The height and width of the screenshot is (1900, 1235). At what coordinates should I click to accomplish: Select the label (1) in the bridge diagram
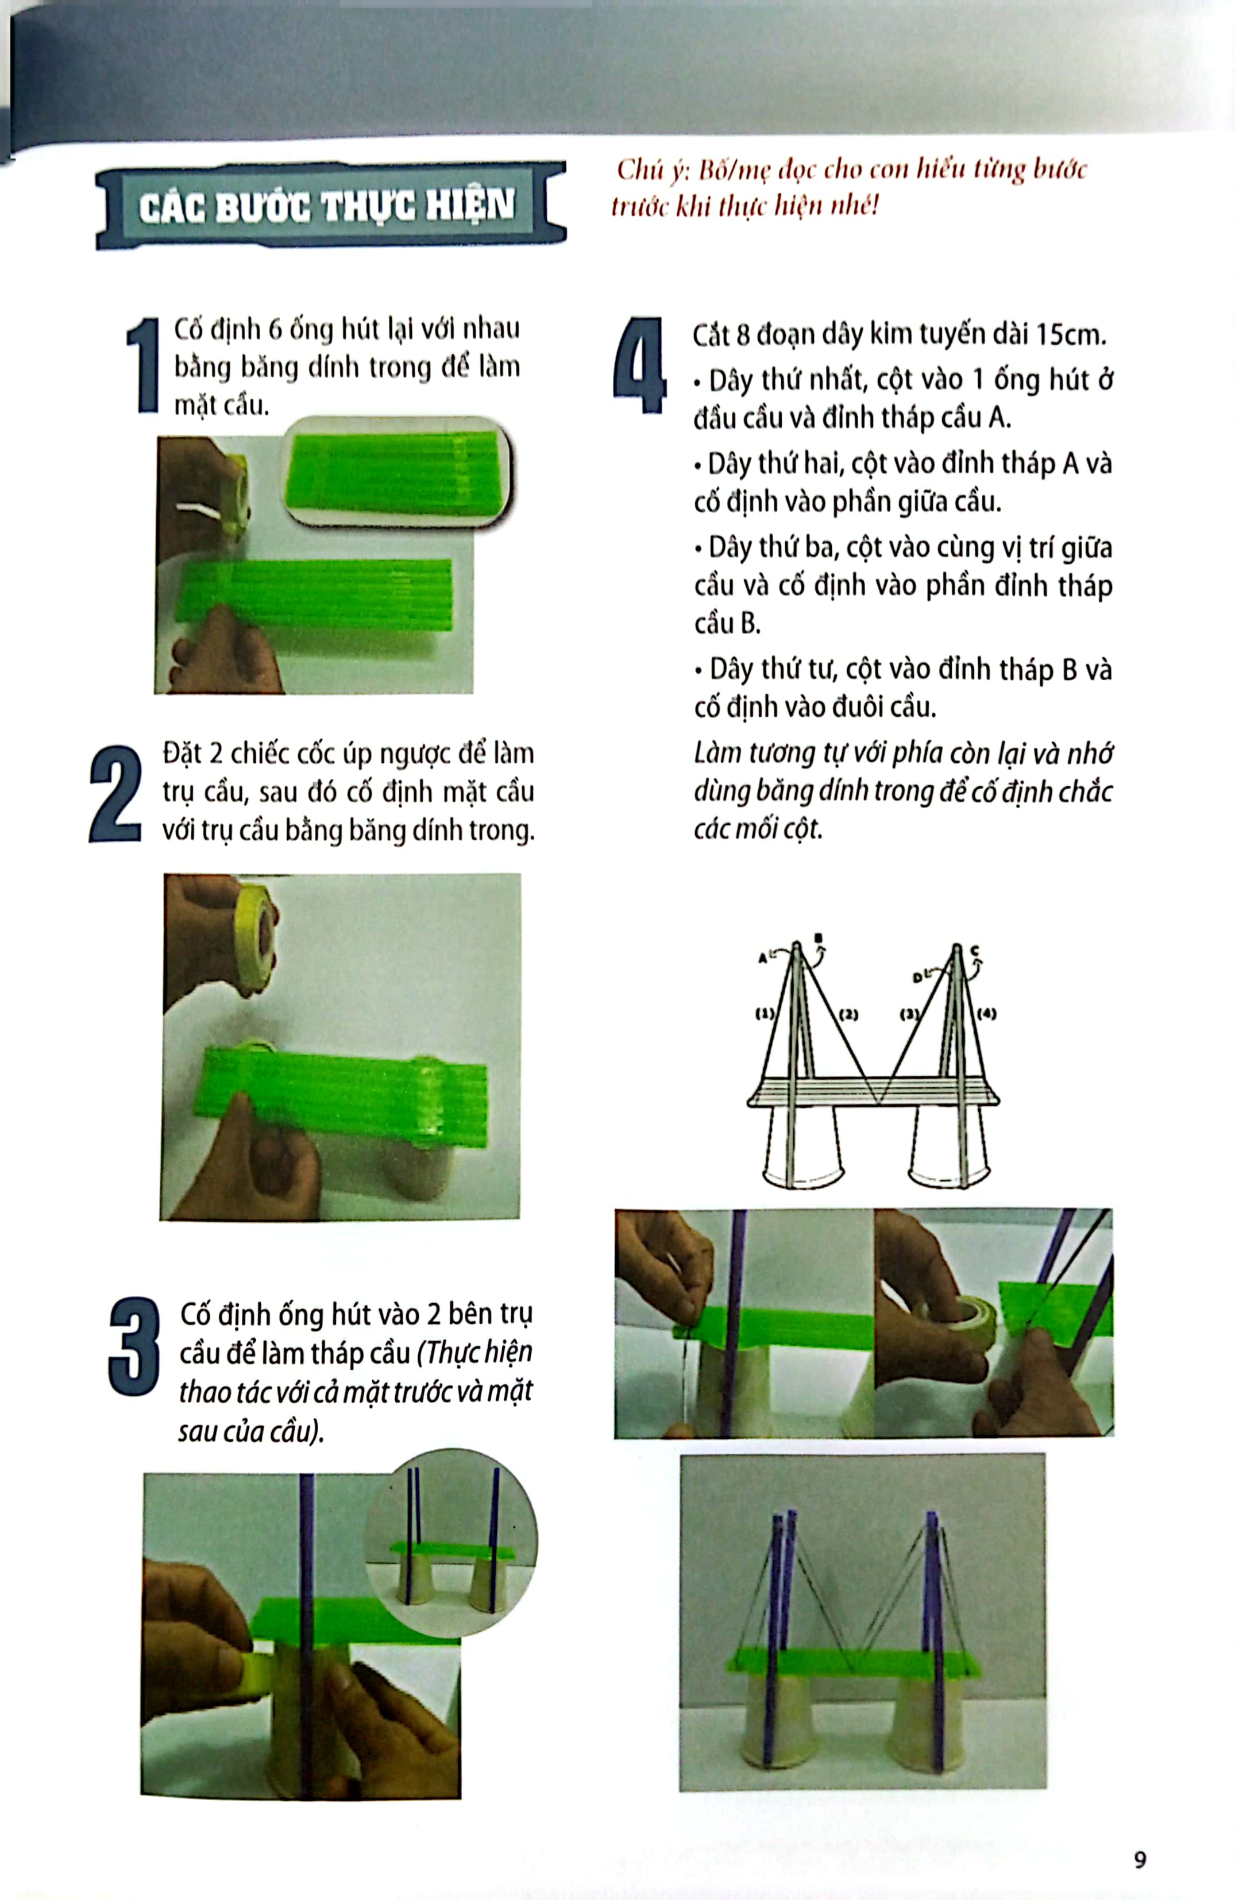[764, 1014]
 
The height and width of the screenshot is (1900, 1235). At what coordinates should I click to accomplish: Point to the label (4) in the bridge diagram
[987, 1014]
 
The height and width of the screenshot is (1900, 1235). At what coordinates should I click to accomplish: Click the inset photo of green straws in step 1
[397, 472]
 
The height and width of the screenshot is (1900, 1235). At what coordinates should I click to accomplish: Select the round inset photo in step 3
[450, 1542]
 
